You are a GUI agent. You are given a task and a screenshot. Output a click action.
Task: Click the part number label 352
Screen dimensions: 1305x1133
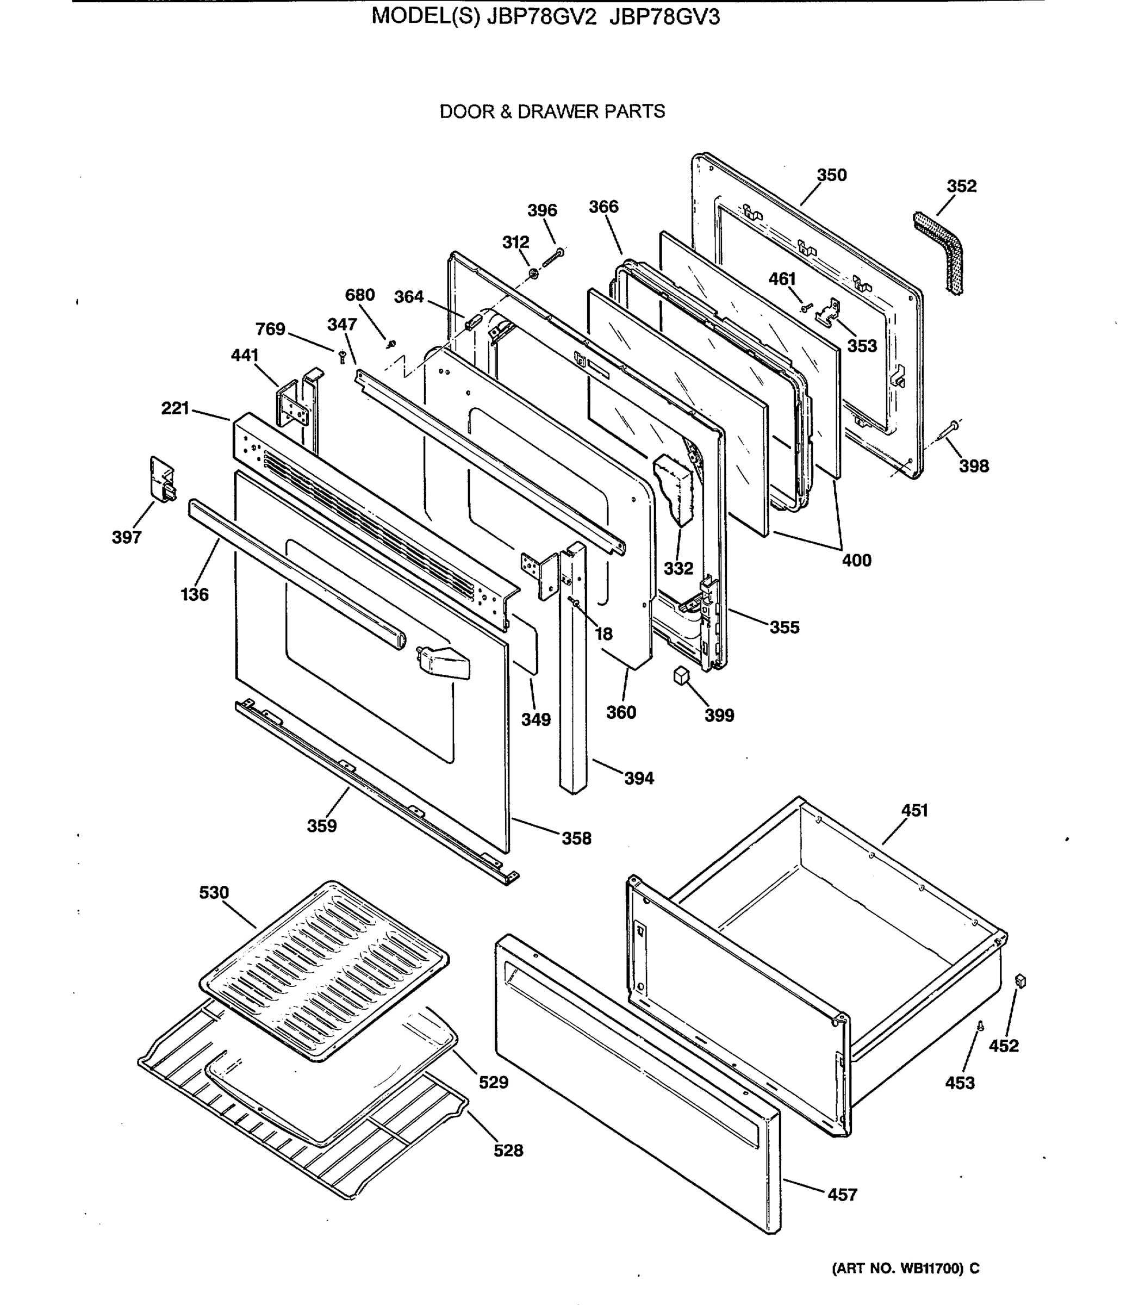pyautogui.click(x=961, y=186)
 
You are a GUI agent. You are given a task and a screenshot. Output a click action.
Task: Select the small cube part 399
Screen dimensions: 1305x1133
pyautogui.click(x=680, y=675)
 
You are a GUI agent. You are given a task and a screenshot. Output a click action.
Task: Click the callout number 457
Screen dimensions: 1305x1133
pyautogui.click(x=842, y=1195)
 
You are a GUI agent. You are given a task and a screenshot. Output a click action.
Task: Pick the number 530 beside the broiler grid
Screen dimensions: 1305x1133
pyautogui.click(x=214, y=892)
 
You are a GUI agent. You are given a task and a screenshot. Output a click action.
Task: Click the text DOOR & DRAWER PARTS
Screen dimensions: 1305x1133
pyautogui.click(x=552, y=112)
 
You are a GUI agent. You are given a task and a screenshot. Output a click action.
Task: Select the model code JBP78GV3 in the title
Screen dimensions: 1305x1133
pyautogui.click(x=664, y=17)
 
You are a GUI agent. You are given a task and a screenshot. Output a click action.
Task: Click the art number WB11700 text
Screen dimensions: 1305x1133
pyautogui.click(x=905, y=1267)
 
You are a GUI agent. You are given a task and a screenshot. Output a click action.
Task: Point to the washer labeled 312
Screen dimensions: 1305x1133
pyautogui.click(x=533, y=273)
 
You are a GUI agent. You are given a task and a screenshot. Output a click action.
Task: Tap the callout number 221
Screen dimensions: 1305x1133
pyautogui.click(x=175, y=408)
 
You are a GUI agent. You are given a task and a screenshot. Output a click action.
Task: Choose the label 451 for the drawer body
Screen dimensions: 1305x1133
pyautogui.click(x=914, y=810)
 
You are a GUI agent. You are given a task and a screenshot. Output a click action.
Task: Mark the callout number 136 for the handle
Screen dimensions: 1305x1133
pyautogui.click(x=194, y=594)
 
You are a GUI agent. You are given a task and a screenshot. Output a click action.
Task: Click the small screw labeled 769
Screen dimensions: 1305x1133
pyautogui.click(x=342, y=357)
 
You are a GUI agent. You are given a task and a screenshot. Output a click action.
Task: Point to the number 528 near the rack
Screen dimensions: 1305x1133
pyautogui.click(x=508, y=1150)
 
